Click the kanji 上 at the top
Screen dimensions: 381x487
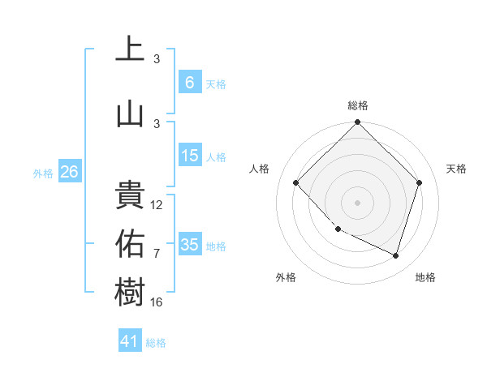click(130, 49)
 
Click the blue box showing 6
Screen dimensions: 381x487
click(189, 83)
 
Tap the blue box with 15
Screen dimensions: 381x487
click(190, 156)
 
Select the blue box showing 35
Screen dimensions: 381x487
click(190, 245)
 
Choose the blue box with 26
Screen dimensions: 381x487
click(69, 172)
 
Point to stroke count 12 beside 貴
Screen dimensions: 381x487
click(157, 205)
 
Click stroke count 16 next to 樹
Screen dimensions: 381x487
click(157, 302)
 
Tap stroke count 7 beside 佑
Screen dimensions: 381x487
click(157, 254)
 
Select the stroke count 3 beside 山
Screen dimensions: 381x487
click(157, 123)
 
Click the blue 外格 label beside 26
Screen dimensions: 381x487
click(42, 173)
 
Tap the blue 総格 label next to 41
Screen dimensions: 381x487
click(156, 343)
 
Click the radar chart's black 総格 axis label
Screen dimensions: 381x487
click(357, 105)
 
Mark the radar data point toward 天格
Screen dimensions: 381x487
click(419, 182)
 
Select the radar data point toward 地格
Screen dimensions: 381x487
click(395, 255)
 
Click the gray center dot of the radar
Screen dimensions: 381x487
click(357, 202)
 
